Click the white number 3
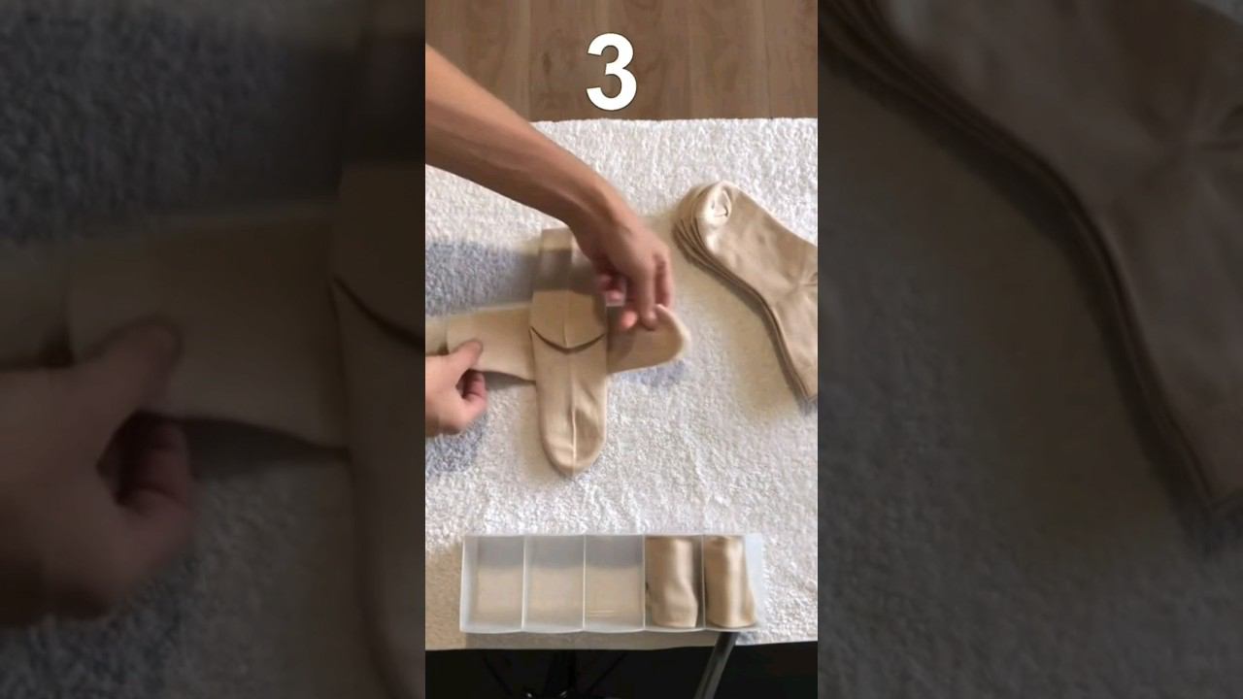[611, 72]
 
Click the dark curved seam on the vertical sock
[567, 340]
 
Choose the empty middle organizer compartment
[615, 582]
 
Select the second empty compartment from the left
[554, 582]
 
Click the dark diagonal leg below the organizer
[722, 665]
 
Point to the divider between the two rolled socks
[702, 582]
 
